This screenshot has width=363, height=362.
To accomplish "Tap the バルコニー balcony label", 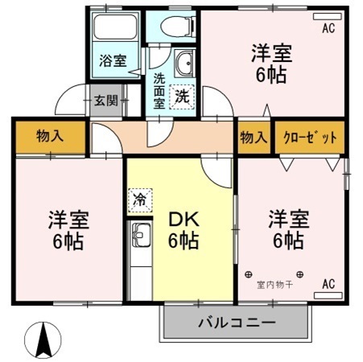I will (x=237, y=323).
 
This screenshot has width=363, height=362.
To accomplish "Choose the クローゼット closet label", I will (x=311, y=137).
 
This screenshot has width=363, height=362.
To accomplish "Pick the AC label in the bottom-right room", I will (x=328, y=283).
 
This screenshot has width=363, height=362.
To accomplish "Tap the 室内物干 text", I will (x=274, y=284).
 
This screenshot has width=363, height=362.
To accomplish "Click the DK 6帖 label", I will (x=184, y=230).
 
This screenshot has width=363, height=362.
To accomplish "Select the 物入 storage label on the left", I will (x=50, y=137).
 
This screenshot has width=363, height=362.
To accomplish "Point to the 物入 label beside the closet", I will (x=254, y=137).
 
